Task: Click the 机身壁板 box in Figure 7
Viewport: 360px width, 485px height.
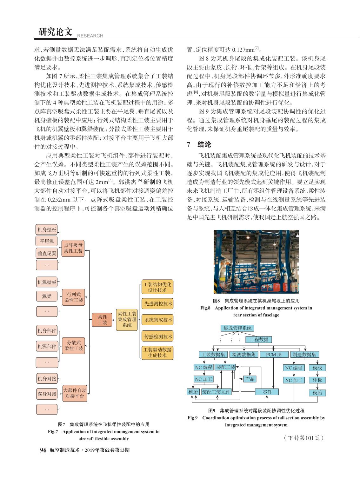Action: point(47,229)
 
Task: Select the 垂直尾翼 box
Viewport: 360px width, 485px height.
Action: point(47,253)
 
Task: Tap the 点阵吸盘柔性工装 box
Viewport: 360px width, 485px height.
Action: point(73,248)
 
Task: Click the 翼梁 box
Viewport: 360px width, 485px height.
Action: point(47,296)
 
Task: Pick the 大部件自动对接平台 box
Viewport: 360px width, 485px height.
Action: point(75,393)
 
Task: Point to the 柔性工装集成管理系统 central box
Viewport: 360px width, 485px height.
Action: point(127,319)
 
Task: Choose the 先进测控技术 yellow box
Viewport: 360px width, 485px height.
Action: point(157,303)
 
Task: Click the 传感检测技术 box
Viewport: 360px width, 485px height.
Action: point(157,336)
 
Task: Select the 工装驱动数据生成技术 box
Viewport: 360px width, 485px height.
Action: point(157,353)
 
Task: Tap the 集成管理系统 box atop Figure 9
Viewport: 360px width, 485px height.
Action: point(237,328)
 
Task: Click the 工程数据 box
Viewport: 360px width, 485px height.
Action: point(259,340)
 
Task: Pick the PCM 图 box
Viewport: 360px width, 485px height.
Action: point(274,355)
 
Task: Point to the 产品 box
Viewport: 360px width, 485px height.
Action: point(250,379)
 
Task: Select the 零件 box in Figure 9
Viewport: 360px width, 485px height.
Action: point(267,392)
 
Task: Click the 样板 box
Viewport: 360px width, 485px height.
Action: point(317,380)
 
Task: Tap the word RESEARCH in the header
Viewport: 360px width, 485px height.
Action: point(90,36)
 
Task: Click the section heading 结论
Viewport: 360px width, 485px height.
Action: point(204,144)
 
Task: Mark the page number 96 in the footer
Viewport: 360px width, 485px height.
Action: point(43,450)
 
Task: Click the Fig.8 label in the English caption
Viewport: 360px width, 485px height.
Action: point(205,308)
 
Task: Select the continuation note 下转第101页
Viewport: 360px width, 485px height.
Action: point(303,438)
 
